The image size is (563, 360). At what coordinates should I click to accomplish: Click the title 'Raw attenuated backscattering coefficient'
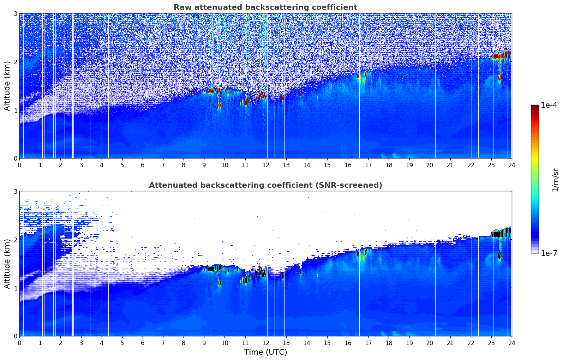click(265, 7)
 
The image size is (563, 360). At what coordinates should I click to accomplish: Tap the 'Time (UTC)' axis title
click(265, 352)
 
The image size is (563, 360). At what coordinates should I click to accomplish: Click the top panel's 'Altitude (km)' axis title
click(7, 86)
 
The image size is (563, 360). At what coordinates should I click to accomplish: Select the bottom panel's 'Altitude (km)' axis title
click(7, 264)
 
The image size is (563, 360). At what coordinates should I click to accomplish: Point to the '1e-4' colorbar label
click(549, 105)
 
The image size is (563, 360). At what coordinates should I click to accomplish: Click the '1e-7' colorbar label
click(549, 253)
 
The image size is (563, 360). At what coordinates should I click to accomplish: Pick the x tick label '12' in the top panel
click(265, 165)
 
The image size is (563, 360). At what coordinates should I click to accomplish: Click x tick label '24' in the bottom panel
click(511, 343)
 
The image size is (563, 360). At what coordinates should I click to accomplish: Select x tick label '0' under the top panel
click(19, 165)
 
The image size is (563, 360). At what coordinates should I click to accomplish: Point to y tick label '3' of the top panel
click(15, 13)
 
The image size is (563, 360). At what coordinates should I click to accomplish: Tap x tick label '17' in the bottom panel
click(368, 343)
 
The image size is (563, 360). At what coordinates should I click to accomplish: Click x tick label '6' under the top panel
click(143, 165)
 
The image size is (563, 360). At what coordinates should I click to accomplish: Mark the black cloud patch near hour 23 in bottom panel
click(497, 234)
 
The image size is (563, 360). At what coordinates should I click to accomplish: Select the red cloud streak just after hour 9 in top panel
click(212, 91)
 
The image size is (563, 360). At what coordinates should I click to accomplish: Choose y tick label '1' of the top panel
click(15, 110)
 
